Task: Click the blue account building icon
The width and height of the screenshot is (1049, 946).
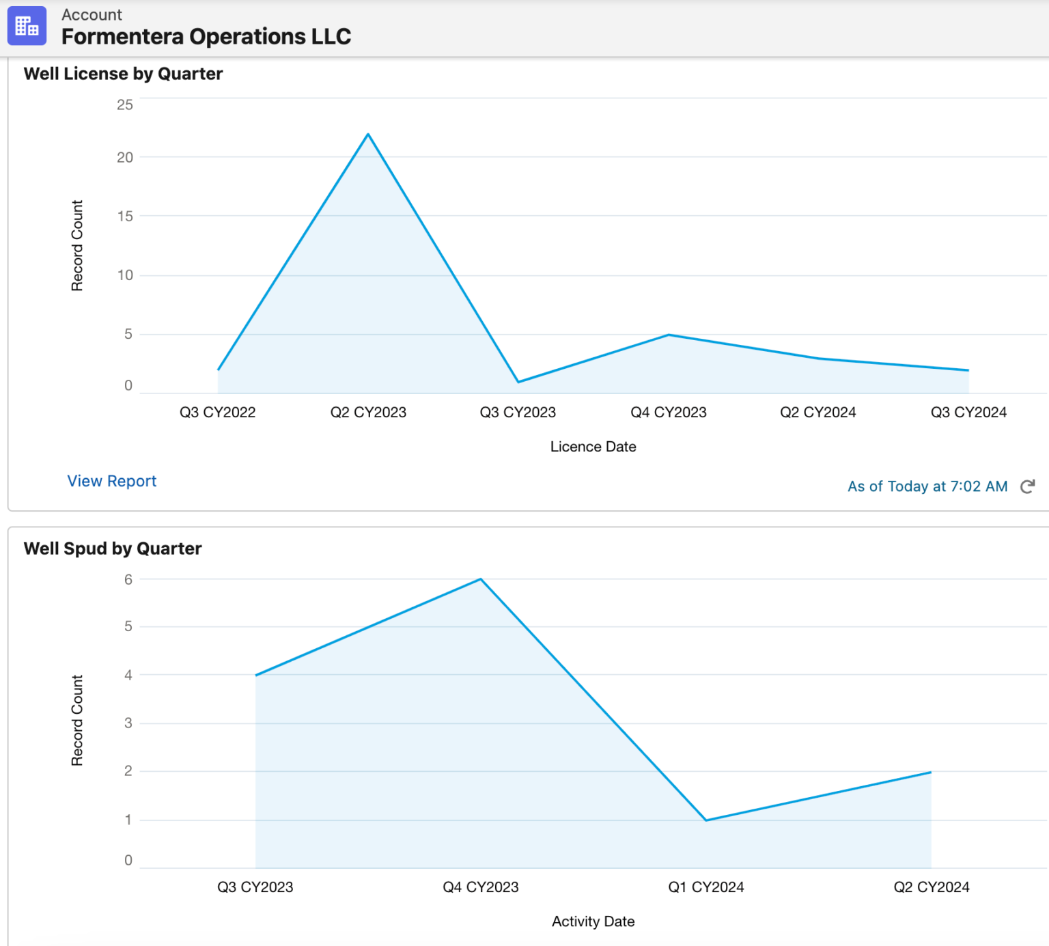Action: pyautogui.click(x=27, y=26)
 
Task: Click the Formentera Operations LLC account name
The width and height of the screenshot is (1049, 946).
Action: pyautogui.click(x=206, y=36)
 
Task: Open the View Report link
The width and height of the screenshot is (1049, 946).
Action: pyautogui.click(x=111, y=481)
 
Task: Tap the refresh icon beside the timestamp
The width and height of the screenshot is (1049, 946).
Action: pyautogui.click(x=1027, y=486)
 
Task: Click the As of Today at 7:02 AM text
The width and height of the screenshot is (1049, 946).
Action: pyautogui.click(x=927, y=486)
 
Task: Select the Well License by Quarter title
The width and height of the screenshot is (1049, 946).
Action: pyautogui.click(x=123, y=74)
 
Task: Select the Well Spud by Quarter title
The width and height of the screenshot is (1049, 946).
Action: pyautogui.click(x=113, y=548)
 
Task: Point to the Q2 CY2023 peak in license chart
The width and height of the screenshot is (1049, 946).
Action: pyautogui.click(x=368, y=135)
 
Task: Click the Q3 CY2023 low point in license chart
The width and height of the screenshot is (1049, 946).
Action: pyautogui.click(x=518, y=381)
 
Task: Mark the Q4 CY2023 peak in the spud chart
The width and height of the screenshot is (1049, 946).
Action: pyautogui.click(x=481, y=579)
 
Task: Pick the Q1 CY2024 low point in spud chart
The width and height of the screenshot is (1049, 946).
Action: pyautogui.click(x=706, y=820)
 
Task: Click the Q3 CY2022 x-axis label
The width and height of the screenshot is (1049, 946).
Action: pyautogui.click(x=217, y=413)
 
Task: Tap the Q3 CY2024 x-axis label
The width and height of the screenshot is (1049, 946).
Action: pyautogui.click(x=968, y=413)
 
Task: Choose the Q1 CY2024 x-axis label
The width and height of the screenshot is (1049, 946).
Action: pyautogui.click(x=706, y=887)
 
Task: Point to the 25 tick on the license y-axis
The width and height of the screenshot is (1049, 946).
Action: pyautogui.click(x=125, y=105)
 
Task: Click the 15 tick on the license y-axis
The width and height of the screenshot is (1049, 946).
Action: pyautogui.click(x=125, y=217)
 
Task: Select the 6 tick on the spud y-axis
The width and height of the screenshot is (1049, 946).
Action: pyautogui.click(x=128, y=580)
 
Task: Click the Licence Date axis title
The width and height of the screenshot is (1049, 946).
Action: pyautogui.click(x=593, y=447)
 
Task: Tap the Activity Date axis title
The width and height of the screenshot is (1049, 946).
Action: pyautogui.click(x=593, y=921)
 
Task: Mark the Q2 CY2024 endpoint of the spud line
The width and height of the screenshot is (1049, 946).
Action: pyautogui.click(x=931, y=773)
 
